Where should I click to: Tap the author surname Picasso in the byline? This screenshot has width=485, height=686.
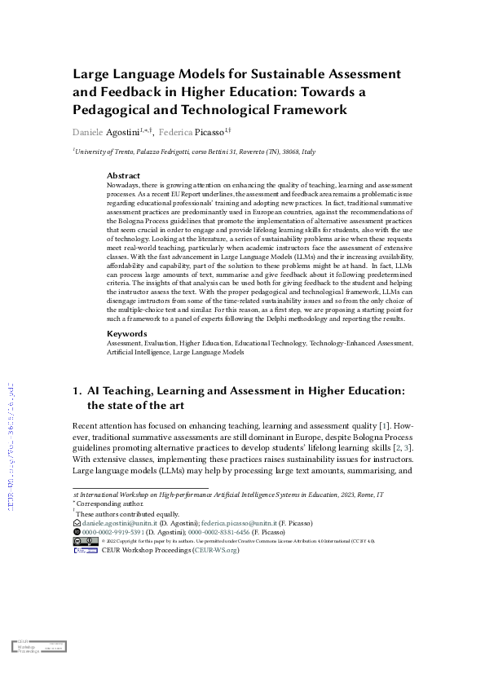(211, 131)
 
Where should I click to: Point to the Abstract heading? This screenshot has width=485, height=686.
(123, 175)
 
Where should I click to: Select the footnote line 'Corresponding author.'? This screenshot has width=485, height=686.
(106, 505)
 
